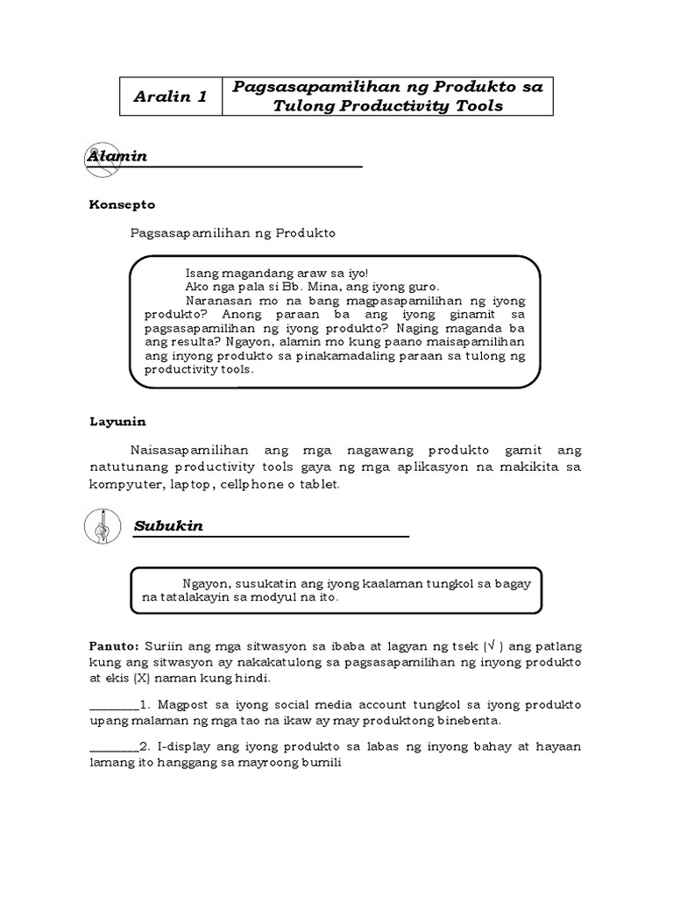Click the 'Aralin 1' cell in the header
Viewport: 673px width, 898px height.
pyautogui.click(x=171, y=96)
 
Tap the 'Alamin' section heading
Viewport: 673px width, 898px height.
pyautogui.click(x=117, y=156)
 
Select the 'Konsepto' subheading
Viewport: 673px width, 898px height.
pyautogui.click(x=122, y=204)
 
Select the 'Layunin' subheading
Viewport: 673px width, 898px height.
pyautogui.click(x=117, y=420)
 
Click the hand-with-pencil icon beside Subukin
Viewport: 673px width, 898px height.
pyautogui.click(x=102, y=526)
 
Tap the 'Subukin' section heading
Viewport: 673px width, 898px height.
pyautogui.click(x=168, y=526)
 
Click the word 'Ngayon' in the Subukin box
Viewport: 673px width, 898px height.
pyautogui.click(x=206, y=583)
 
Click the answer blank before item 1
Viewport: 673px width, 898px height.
pyautogui.click(x=113, y=706)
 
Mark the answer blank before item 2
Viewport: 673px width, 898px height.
pyautogui.click(x=113, y=747)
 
